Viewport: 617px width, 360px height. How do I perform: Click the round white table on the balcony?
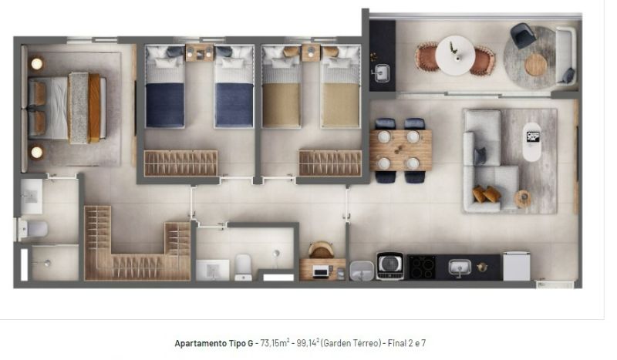[x=455, y=56]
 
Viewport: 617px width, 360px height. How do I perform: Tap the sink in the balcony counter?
[x=381, y=73]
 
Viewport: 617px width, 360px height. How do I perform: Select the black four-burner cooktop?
[x=421, y=267]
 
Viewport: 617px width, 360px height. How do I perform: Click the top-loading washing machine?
[x=390, y=266]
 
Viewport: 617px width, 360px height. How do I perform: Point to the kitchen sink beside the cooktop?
[x=460, y=267]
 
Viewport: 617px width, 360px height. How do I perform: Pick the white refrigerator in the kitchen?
[x=517, y=266]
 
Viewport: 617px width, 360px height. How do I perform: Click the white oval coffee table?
[x=532, y=142]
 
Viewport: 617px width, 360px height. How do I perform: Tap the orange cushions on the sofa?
[x=486, y=194]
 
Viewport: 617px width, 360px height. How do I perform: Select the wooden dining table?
[x=400, y=150]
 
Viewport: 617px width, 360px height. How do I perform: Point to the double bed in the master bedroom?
[x=67, y=107]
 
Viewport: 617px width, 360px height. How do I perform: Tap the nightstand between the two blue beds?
[x=199, y=53]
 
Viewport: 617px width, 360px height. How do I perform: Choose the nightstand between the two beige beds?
[x=311, y=52]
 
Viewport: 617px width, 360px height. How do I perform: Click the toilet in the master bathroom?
[x=32, y=229]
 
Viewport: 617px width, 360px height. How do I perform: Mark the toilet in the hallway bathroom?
[x=243, y=267]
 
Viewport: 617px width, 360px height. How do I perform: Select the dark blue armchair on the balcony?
[x=524, y=35]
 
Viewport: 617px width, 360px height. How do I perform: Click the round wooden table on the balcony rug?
[x=535, y=65]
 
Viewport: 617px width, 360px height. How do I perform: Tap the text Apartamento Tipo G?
[x=214, y=343]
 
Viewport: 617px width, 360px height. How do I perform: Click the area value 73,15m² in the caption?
[x=275, y=343]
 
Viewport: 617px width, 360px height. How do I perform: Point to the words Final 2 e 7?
[x=407, y=343]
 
